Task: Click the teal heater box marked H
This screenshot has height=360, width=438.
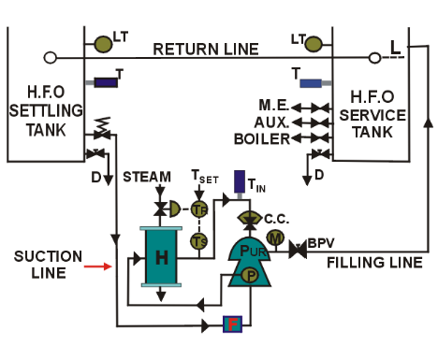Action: [x=160, y=258]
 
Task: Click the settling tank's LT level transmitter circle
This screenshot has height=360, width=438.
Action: [x=104, y=42]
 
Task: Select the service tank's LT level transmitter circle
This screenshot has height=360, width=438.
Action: [x=314, y=41]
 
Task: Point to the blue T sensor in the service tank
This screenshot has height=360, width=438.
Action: [x=313, y=83]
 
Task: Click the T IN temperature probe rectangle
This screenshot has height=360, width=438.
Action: [x=240, y=180]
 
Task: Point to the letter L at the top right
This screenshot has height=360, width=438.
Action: [x=395, y=45]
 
